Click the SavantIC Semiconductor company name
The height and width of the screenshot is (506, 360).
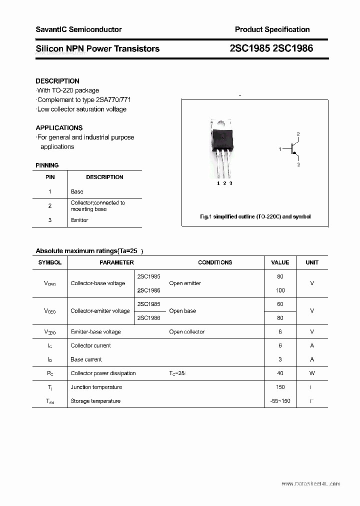pyautogui.click(x=78, y=29)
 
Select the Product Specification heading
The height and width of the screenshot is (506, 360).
pyautogui.click(x=272, y=29)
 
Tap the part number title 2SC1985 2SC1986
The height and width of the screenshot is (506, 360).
pyautogui.click(x=271, y=48)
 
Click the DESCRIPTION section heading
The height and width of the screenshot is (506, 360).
pyautogui.click(x=57, y=81)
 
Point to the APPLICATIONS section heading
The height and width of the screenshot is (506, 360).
pyautogui.click(x=59, y=127)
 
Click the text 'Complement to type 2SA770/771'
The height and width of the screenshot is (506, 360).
pyautogui.click(x=84, y=99)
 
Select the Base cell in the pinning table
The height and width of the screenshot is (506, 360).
pyautogui.click(x=77, y=191)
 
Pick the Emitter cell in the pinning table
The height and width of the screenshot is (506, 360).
pyautogui.click(x=79, y=220)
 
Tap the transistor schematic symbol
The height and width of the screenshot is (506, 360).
pyautogui.click(x=292, y=149)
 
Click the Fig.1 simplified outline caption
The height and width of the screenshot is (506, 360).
pyautogui.click(x=255, y=216)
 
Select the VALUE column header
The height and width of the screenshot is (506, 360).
pyautogui.click(x=280, y=262)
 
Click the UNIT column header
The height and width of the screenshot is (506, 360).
pyautogui.click(x=312, y=262)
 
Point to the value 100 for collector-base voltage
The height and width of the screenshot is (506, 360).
pyautogui.click(x=280, y=290)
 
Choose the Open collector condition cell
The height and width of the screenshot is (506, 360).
pyautogui.click(x=186, y=331)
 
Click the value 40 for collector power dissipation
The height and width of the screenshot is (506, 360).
pyautogui.click(x=280, y=373)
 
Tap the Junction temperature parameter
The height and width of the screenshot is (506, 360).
pyautogui.click(x=96, y=387)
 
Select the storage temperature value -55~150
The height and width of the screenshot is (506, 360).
pyautogui.click(x=280, y=401)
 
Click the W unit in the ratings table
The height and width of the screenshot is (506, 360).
pyautogui.click(x=312, y=373)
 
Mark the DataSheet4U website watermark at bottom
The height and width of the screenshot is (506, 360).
pyautogui.click(x=310, y=483)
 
